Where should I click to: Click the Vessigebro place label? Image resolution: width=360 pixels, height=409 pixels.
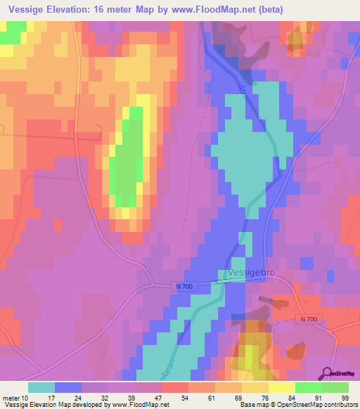tap(254, 272)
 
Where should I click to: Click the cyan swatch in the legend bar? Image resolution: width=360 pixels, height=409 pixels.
tap(41, 387)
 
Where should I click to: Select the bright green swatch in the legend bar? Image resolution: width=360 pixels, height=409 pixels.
tap(307, 387)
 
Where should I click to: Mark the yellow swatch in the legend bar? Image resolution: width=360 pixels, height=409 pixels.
tap(281, 387)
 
